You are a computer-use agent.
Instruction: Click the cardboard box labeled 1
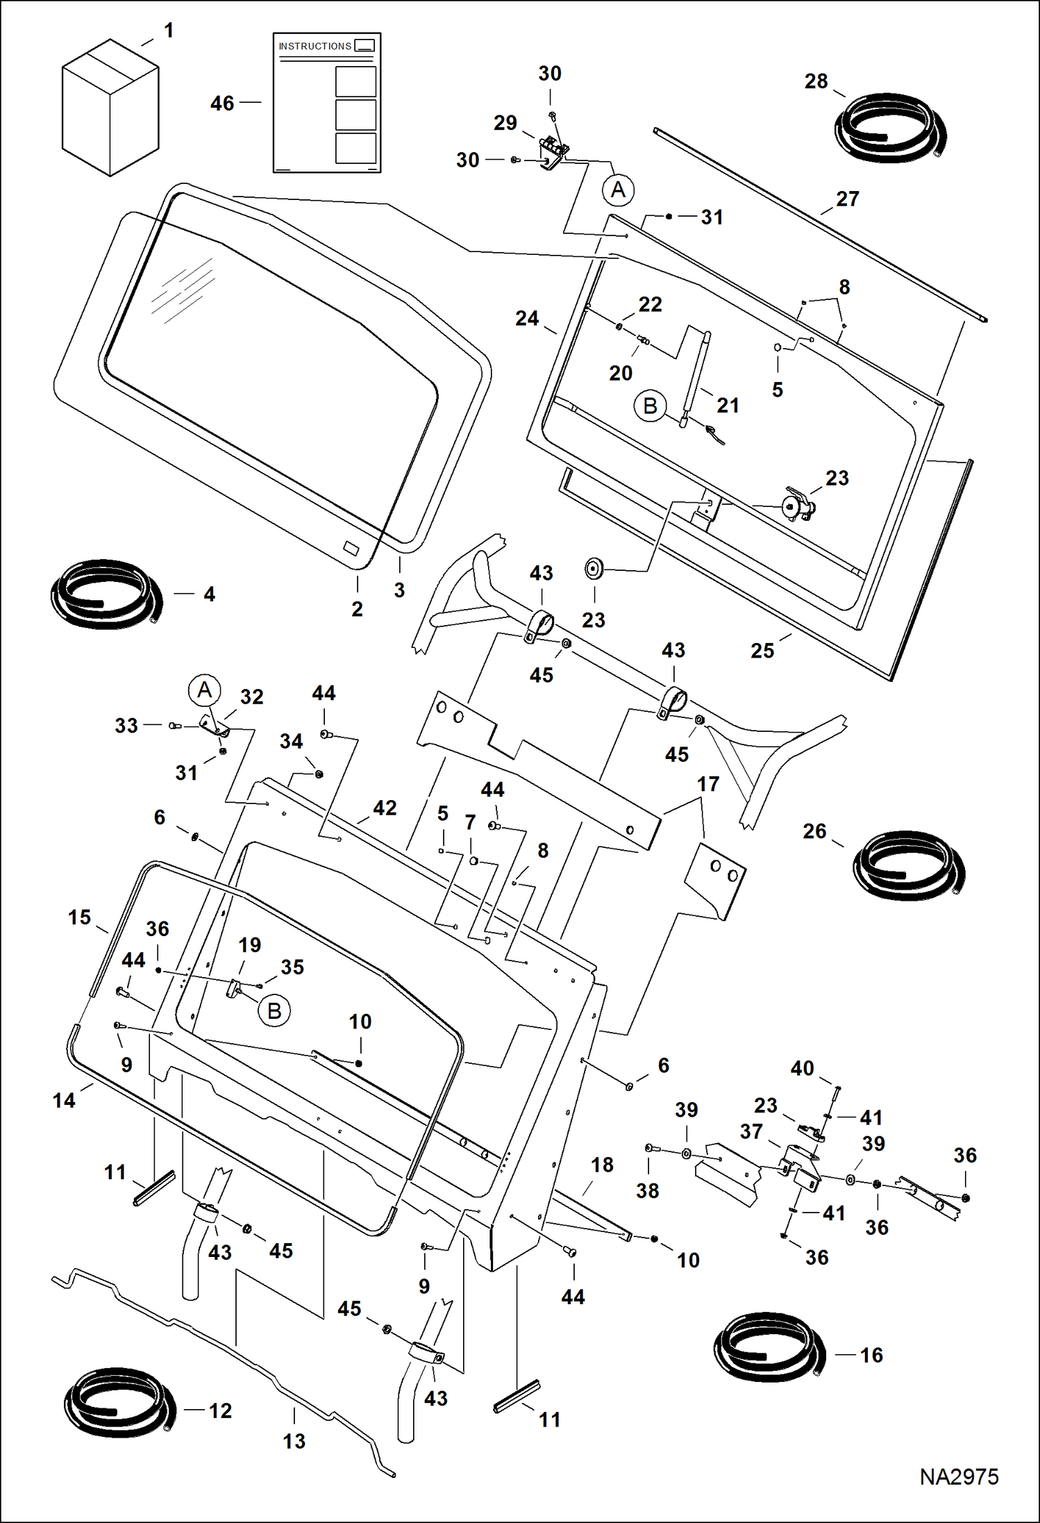pyautogui.click(x=110, y=108)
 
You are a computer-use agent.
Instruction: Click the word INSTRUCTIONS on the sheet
pyautogui.click(x=314, y=47)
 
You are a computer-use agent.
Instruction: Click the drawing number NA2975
pyautogui.click(x=958, y=1476)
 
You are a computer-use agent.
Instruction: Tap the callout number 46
pyautogui.click(x=222, y=103)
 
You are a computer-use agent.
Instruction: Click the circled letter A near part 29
pyautogui.click(x=618, y=190)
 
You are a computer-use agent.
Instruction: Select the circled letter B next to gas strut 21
pyautogui.click(x=650, y=406)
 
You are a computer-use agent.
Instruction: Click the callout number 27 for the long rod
pyautogui.click(x=847, y=199)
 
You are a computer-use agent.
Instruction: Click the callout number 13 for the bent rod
pyautogui.click(x=294, y=1441)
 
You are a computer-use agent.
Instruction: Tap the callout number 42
pyautogui.click(x=385, y=808)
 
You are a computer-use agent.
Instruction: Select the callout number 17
pyautogui.click(x=708, y=784)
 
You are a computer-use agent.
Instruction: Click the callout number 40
pyautogui.click(x=802, y=1068)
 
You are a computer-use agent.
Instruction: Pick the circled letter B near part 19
pyautogui.click(x=274, y=1010)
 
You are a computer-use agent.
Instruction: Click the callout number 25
pyautogui.click(x=762, y=651)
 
